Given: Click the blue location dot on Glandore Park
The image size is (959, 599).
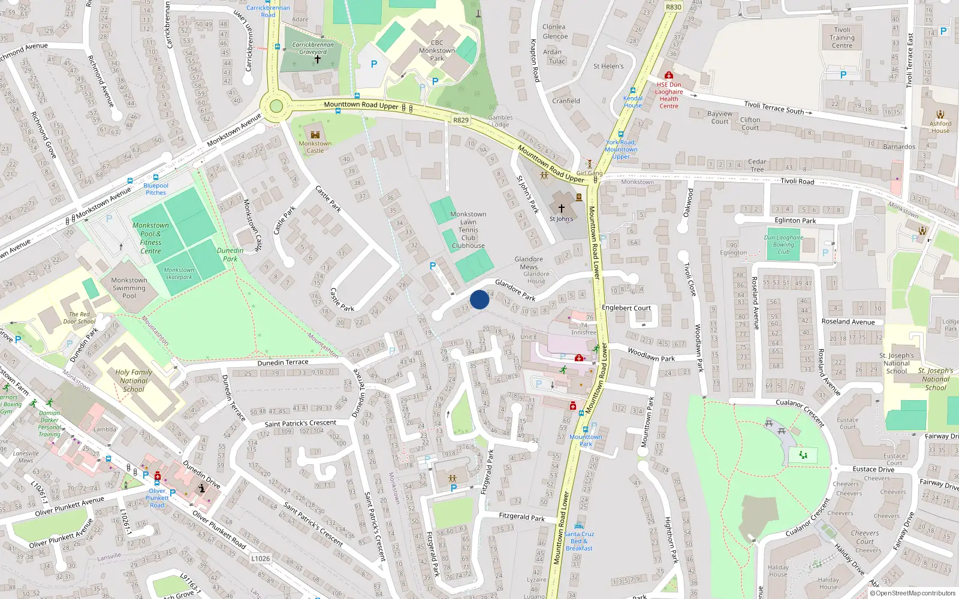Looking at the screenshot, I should tap(479, 299).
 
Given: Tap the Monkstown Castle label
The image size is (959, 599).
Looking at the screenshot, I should tap(315, 147).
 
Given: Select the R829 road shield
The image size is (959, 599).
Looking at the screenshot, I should tap(460, 120).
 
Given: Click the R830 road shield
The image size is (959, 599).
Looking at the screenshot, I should tap(674, 7).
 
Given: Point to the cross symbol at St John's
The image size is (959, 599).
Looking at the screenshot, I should tap(562, 208).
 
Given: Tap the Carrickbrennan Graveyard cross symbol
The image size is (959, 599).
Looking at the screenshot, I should tap(318, 59).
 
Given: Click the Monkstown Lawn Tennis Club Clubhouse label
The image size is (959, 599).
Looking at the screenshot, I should tap(468, 230).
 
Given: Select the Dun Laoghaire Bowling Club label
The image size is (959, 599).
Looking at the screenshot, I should tap(783, 244).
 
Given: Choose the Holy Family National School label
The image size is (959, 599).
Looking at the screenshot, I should tap(134, 380).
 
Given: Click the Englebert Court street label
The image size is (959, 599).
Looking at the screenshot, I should tap(626, 308).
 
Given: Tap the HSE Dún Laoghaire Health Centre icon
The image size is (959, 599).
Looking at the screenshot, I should tap(669, 75).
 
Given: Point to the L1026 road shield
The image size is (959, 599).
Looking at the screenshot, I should tap(260, 558).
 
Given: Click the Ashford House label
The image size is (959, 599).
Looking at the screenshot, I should tap(940, 127).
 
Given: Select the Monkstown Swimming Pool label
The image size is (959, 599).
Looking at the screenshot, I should tap(129, 288).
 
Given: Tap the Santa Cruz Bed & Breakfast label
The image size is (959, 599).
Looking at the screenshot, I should tap(579, 541).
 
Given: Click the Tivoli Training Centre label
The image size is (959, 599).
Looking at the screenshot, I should tap(842, 38).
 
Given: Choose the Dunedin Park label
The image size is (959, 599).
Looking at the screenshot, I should tap(230, 255).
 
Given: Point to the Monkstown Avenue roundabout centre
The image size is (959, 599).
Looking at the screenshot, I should tap(276, 107).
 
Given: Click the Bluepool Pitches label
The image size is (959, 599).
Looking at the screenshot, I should tap(156, 189).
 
